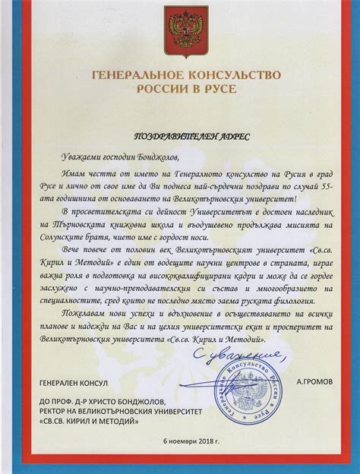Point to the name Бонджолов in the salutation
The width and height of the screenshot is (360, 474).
pos(156,156)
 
